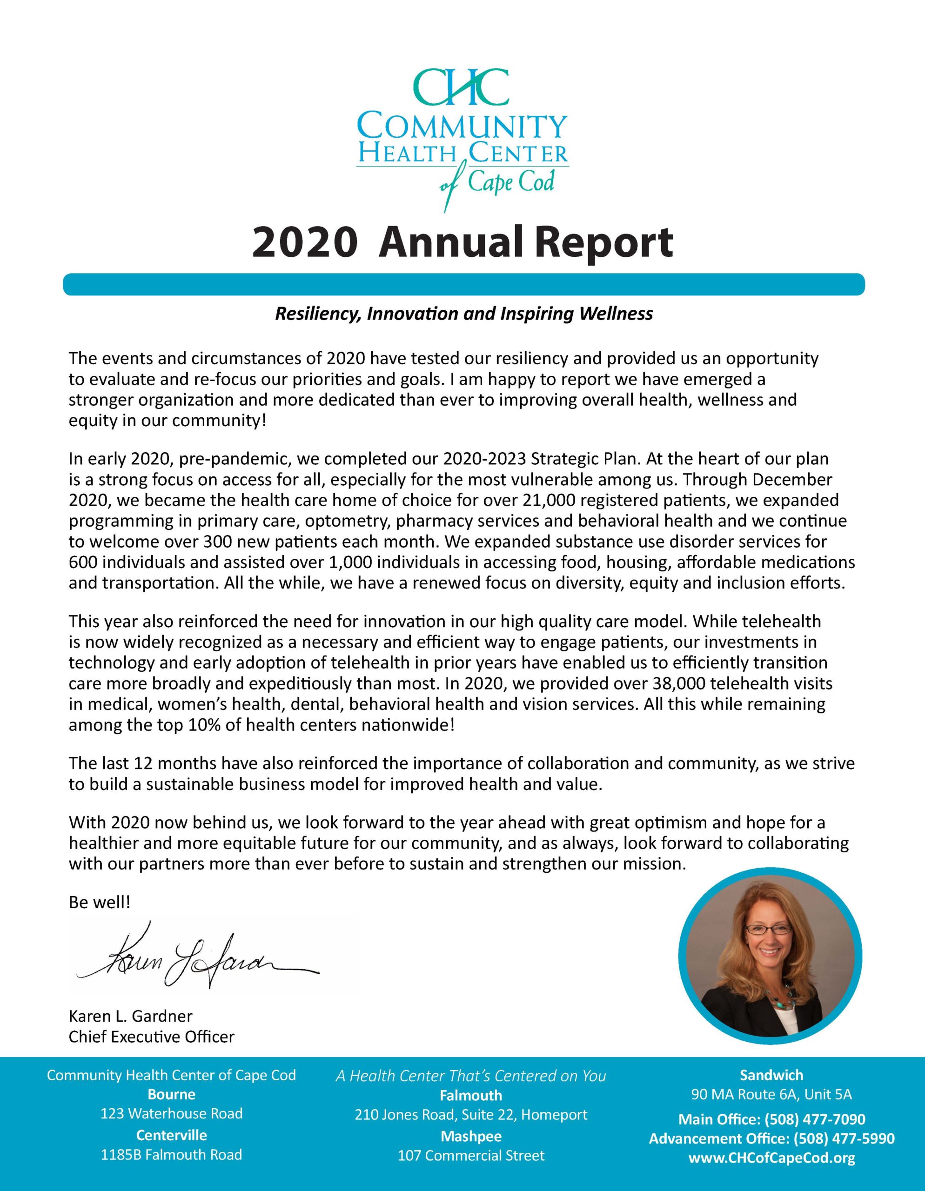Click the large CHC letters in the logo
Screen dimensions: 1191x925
point(460,87)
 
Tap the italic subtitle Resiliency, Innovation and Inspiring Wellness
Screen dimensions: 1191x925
point(463,314)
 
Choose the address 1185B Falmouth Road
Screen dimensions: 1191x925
point(171,1154)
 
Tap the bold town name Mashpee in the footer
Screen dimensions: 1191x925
point(471,1136)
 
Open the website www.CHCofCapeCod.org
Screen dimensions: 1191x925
point(771,1158)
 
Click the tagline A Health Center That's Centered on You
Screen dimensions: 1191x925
point(471,1076)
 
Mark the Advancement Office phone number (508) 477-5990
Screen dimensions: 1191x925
point(844,1138)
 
